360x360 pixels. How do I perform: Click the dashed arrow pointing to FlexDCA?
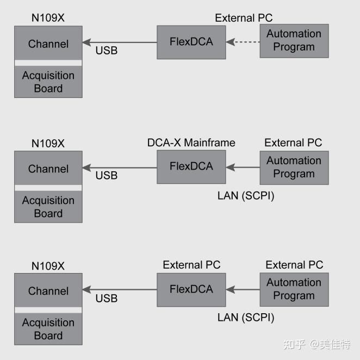coord(243,41)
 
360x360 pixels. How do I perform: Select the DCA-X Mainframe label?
coord(191,142)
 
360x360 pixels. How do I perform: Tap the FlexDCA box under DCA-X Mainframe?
coord(191,167)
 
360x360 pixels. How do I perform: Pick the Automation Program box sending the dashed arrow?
coord(294,40)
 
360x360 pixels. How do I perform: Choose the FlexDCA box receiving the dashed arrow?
coord(191,42)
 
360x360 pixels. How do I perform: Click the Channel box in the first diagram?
coord(48,44)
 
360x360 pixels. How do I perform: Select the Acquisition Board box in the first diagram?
coord(48,82)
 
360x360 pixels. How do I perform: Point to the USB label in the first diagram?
coord(107,51)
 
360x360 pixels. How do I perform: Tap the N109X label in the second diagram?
coord(48,144)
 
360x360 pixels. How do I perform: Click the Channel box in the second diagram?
coord(48,169)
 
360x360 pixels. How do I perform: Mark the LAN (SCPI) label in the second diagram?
coord(246,195)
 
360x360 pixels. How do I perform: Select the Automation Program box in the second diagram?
coord(294,167)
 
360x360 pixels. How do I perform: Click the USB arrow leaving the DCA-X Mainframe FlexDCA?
coord(120,167)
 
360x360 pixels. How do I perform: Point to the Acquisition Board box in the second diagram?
coord(48,207)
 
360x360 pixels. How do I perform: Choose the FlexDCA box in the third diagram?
coord(191,289)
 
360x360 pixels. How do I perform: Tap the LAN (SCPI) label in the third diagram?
coord(246,317)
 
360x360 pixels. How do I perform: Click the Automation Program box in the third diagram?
coord(294,289)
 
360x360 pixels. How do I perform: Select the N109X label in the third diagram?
coord(48,266)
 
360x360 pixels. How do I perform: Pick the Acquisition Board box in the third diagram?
coord(48,330)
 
